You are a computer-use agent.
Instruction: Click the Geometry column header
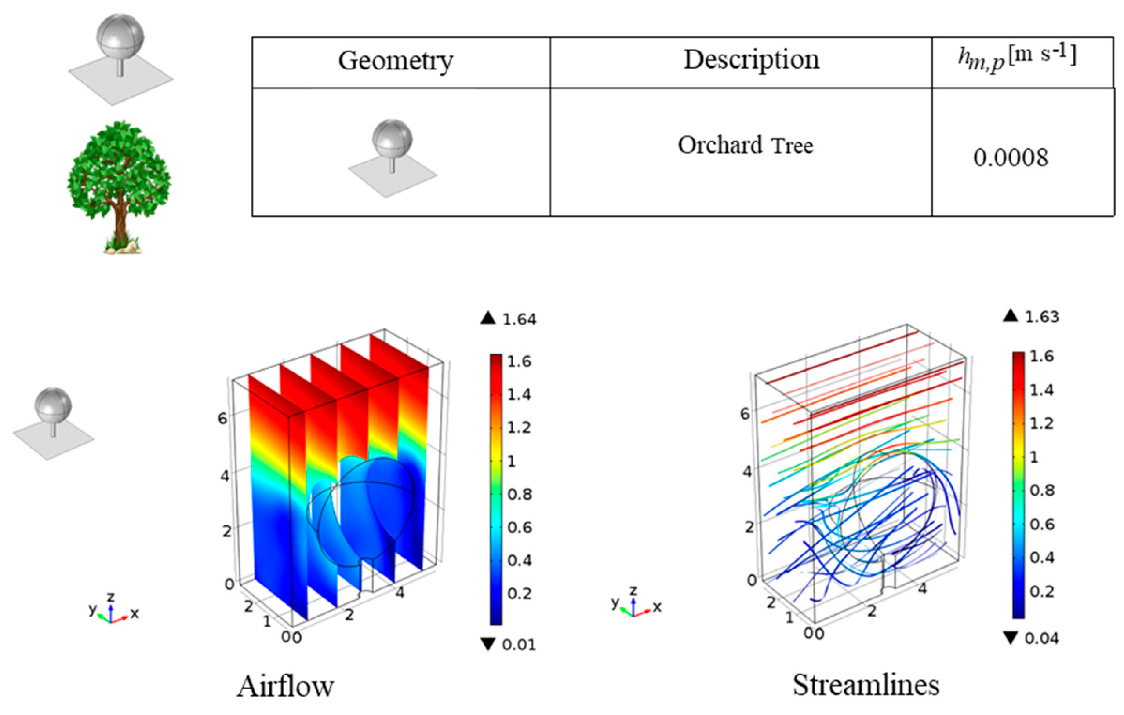click(x=395, y=61)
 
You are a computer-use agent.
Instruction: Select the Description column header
click(x=751, y=60)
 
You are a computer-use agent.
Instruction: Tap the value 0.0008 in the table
click(x=1011, y=158)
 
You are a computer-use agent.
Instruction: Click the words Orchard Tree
click(x=746, y=145)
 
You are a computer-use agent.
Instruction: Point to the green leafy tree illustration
click(x=119, y=173)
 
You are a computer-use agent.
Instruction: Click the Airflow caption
click(x=285, y=686)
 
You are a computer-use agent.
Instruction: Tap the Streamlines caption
click(x=866, y=685)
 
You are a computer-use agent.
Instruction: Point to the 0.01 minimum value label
click(x=519, y=645)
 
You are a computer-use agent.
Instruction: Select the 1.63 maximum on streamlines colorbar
click(x=1041, y=317)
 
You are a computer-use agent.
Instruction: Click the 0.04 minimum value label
click(x=1041, y=638)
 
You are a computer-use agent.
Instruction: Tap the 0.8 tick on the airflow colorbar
click(x=519, y=494)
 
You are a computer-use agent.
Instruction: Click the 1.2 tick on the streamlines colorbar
click(x=1041, y=423)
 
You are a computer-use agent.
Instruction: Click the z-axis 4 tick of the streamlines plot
click(x=747, y=472)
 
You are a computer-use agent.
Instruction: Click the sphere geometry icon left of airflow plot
click(x=53, y=423)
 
